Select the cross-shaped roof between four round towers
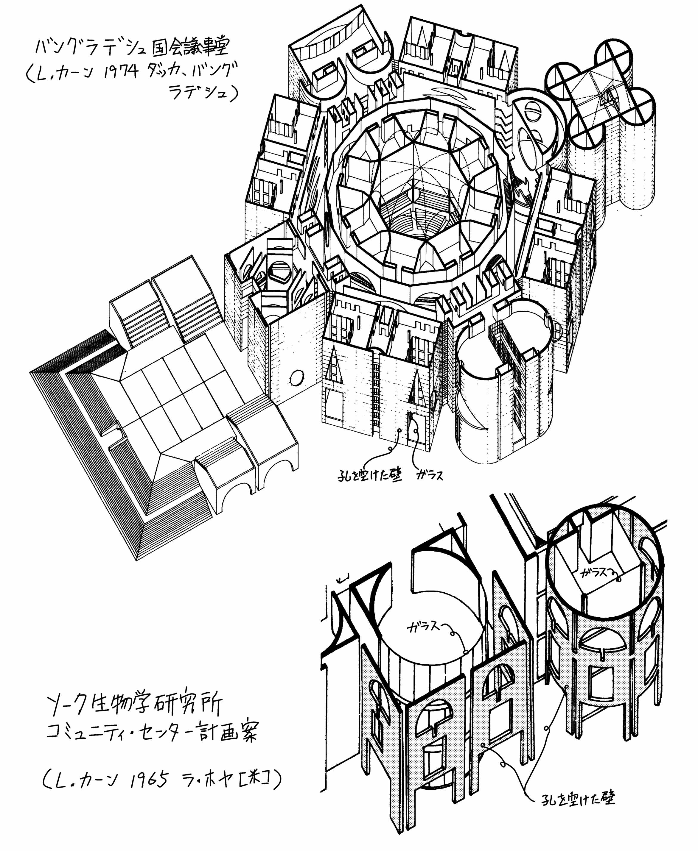[599, 96]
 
